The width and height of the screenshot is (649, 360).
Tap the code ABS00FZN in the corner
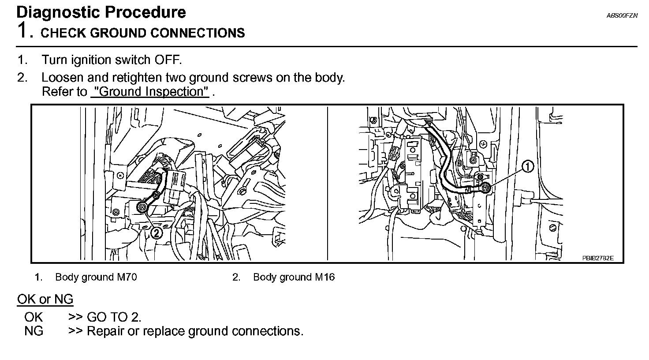(622, 15)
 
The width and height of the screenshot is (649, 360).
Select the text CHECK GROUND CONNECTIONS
(142, 33)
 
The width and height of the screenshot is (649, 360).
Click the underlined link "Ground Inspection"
(149, 92)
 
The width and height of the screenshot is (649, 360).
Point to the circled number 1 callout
(527, 166)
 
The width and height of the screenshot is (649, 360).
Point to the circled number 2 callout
(157, 233)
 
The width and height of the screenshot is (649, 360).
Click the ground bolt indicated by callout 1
(485, 188)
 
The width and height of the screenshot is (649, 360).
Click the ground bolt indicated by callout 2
(142, 207)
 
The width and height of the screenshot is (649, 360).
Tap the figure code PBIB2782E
(597, 258)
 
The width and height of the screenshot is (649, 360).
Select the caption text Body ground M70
(96, 277)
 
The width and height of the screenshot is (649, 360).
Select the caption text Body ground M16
(294, 277)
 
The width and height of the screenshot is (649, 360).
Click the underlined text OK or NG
(45, 300)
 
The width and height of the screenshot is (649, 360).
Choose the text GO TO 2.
(114, 317)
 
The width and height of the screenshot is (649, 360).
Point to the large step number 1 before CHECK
(23, 31)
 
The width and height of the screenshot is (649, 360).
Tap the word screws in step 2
(253, 78)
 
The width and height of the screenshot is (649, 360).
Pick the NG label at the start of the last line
(34, 331)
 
